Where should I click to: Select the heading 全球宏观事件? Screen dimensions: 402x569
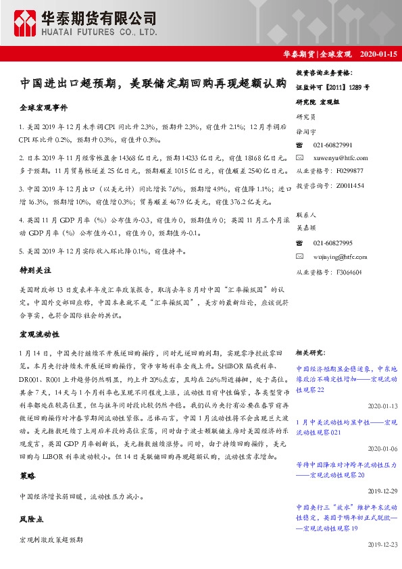43,108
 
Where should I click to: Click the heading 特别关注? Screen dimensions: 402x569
33,269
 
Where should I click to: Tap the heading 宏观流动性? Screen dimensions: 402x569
38,334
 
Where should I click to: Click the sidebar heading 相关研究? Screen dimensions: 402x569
312,352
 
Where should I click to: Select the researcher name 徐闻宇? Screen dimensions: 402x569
306,131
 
